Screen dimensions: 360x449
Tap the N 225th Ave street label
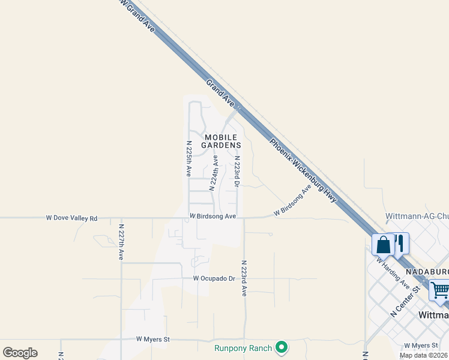pos(188,159)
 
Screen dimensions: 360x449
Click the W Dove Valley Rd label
pos(71,218)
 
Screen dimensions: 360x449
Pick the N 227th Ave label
pos(121,242)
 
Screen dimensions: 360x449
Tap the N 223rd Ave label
pos(244,278)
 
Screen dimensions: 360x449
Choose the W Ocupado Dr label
pos(214,278)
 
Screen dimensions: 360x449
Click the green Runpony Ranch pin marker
pos(281,347)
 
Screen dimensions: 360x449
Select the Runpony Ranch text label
pos(243,347)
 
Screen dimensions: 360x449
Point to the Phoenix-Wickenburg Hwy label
pos(303,171)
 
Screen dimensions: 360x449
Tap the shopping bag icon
pos(383,245)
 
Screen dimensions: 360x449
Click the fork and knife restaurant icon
pos(399,243)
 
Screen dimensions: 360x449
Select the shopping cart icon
pos(440,291)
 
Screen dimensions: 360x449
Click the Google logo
pos(20,353)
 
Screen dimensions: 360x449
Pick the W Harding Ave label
pos(393,273)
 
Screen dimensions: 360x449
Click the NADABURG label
pos(428,272)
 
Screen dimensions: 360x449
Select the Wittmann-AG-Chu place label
pos(417,216)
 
